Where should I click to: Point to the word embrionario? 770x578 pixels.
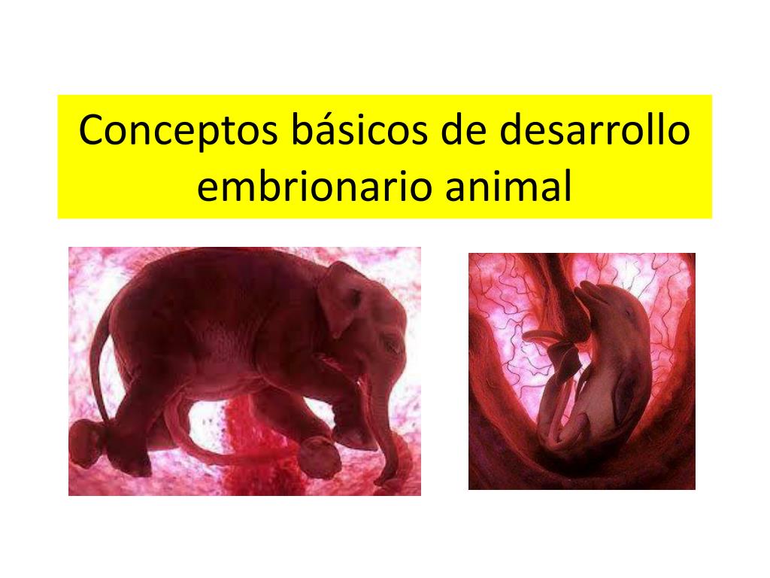point(314,188)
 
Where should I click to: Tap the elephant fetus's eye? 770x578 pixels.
point(389,346)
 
